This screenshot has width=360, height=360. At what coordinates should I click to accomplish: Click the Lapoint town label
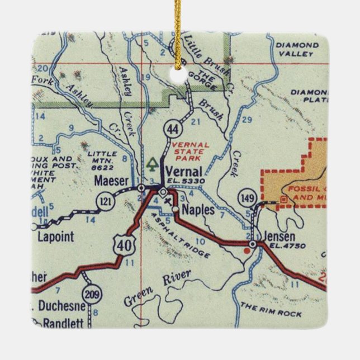[x=56, y=236]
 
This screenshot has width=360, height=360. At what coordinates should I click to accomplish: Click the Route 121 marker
[x=106, y=200]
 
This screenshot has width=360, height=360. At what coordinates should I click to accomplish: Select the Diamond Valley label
[x=306, y=51]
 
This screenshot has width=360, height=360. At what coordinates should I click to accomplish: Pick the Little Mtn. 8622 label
[x=102, y=160]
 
